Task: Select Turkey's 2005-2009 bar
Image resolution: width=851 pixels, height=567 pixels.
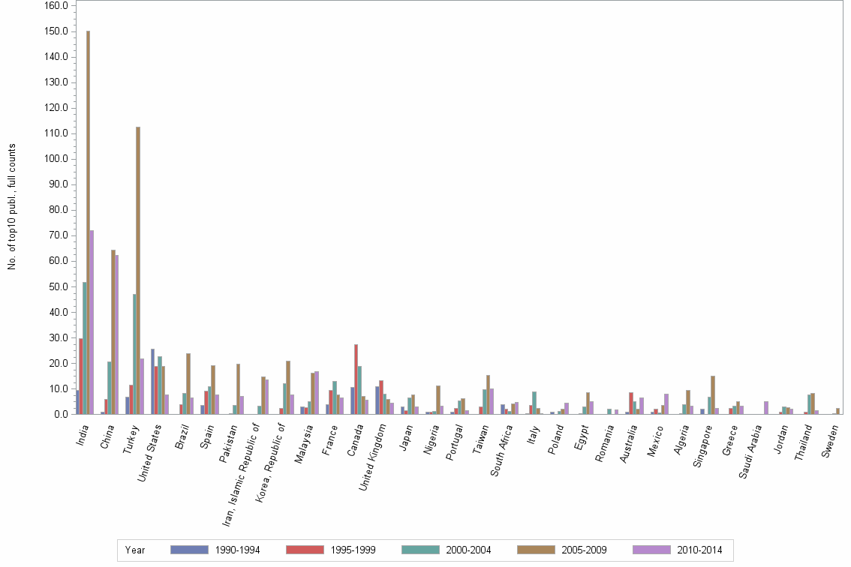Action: point(138,270)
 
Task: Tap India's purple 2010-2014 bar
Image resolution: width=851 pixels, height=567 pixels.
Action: point(92,322)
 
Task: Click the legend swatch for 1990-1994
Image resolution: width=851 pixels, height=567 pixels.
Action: point(189,550)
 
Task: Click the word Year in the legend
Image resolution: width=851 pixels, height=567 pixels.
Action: point(135,550)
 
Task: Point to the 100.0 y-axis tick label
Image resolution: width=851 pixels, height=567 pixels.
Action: point(57,159)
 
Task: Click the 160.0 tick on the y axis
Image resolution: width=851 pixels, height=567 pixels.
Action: point(57,6)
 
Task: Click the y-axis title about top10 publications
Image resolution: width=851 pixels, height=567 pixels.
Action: point(12,206)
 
